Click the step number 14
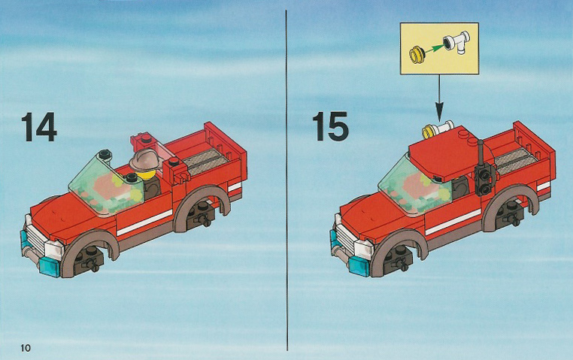(x=39, y=127)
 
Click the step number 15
(x=330, y=126)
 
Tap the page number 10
(x=26, y=348)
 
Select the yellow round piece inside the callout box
(x=417, y=54)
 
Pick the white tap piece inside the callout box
(x=456, y=43)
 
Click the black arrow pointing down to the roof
(x=439, y=97)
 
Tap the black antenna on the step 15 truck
(x=481, y=166)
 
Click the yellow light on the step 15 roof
(x=429, y=132)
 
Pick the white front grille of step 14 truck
(x=36, y=236)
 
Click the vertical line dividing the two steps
(x=286, y=180)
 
